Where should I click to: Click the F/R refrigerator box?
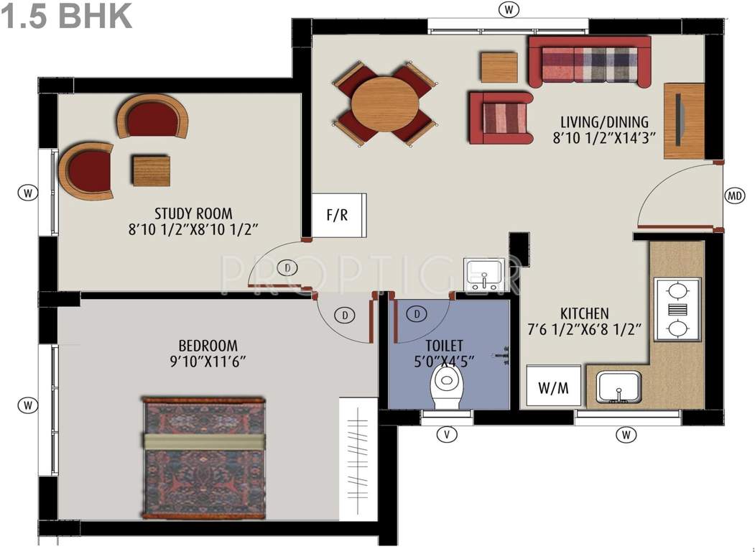click(338, 215)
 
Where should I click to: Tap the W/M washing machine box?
click(553, 388)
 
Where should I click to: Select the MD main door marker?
click(734, 196)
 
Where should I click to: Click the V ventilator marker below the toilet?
click(447, 434)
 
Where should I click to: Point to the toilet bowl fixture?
click(447, 387)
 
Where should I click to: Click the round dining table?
click(385, 103)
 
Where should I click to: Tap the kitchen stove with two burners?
click(677, 309)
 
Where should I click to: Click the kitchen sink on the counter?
click(619, 388)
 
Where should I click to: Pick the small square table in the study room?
click(152, 170)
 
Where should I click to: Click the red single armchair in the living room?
click(500, 116)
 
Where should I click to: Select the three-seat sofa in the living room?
click(589, 62)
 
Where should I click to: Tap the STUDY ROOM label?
click(193, 213)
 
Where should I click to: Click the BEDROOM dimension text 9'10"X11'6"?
click(208, 362)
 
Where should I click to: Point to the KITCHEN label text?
click(584, 314)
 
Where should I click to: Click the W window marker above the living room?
click(509, 9)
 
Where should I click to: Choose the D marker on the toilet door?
click(416, 313)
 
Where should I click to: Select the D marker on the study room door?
click(287, 268)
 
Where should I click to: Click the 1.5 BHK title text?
click(67, 16)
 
